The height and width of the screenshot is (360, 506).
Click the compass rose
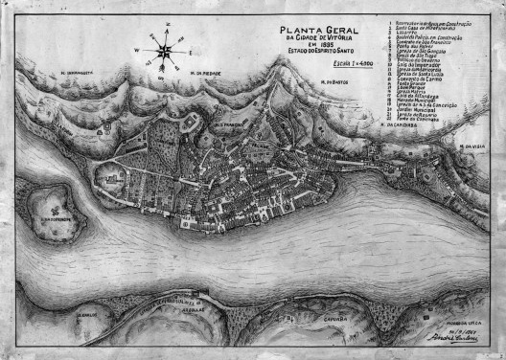[x=165, y=47]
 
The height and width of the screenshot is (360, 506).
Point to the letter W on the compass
[x=145, y=48]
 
